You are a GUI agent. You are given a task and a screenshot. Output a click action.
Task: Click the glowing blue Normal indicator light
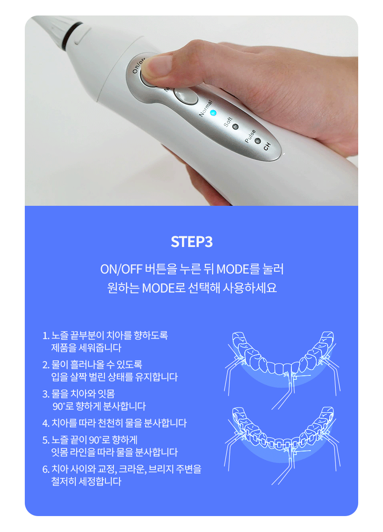click(x=213, y=113)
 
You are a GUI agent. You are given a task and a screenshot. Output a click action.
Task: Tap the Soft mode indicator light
click(x=235, y=127)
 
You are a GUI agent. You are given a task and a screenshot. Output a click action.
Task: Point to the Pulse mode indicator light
click(x=258, y=141)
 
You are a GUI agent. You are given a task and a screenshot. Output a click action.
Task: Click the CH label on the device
click(x=267, y=146)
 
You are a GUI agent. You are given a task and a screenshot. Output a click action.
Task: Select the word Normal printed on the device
click(x=205, y=108)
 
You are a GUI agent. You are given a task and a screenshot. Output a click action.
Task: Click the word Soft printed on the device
click(x=228, y=122)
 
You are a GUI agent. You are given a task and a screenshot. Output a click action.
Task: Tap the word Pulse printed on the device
click(x=250, y=136)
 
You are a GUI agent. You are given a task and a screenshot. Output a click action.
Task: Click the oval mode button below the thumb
click(x=186, y=96)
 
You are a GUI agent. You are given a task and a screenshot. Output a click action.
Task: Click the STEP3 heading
click(x=191, y=242)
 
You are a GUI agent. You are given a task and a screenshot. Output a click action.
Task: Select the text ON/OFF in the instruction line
click(x=121, y=270)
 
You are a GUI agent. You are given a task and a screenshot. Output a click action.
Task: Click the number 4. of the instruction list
click(x=46, y=423)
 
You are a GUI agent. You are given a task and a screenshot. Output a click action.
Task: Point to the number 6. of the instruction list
click(x=46, y=469)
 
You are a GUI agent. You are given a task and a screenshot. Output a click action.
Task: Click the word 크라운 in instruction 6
click(x=132, y=469)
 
